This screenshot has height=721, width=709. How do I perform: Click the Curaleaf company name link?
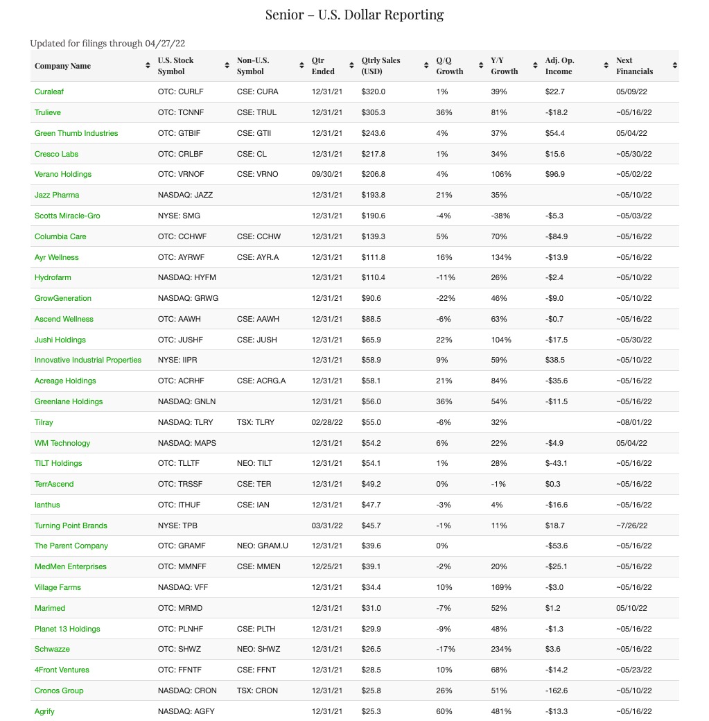(49, 92)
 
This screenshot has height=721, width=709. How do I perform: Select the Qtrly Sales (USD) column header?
(380, 66)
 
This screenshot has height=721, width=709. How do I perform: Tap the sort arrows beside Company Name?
(148, 66)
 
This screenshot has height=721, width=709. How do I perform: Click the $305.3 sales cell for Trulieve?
(374, 112)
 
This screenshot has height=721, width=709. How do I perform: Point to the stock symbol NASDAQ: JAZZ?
(185, 195)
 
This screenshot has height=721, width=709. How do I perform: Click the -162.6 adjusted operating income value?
(558, 690)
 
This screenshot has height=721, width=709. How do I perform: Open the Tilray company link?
(44, 422)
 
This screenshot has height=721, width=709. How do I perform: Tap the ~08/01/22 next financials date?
(633, 422)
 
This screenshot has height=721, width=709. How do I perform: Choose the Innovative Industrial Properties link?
(88, 360)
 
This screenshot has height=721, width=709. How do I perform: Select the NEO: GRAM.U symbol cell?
(262, 546)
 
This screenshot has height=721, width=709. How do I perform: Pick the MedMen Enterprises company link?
(71, 566)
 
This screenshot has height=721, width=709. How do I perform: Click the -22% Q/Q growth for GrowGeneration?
(444, 298)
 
